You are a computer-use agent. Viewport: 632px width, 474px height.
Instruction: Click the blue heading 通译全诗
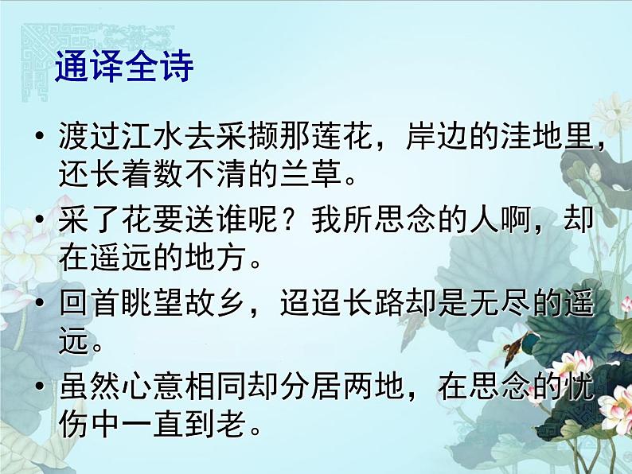coord(124,68)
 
